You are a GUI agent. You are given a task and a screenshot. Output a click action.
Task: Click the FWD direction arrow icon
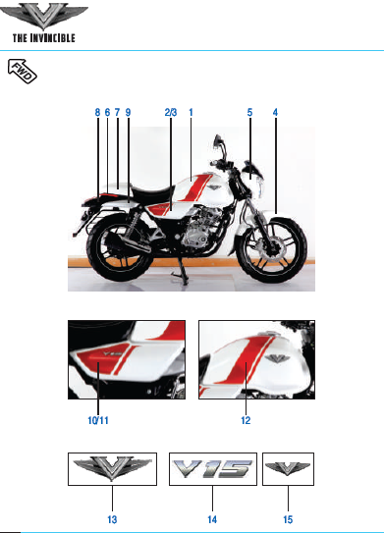[x=23, y=71]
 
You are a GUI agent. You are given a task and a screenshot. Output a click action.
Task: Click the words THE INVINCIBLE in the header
[x=44, y=37]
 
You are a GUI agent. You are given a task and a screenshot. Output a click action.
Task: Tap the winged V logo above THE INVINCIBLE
[x=43, y=16]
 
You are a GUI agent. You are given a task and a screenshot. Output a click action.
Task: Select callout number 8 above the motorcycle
[x=97, y=113]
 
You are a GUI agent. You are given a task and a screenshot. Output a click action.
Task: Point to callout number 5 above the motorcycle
[x=250, y=113]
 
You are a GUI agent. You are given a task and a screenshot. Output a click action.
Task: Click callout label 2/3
[x=171, y=113]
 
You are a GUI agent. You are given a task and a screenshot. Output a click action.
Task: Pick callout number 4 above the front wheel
[x=275, y=113]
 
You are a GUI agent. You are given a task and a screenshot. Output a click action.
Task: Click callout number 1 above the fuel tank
[x=191, y=113]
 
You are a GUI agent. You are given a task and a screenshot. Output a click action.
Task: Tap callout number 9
[x=128, y=113]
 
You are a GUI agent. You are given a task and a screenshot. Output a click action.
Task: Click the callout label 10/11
[x=98, y=420]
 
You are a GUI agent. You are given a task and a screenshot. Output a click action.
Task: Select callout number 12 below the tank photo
[x=246, y=420]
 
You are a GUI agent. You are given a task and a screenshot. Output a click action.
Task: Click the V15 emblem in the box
[x=213, y=469]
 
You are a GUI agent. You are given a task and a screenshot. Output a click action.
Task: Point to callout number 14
[x=212, y=519]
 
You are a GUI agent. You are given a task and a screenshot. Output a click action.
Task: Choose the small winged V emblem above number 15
[x=288, y=468]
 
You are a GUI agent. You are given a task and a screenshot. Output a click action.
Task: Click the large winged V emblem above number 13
[x=112, y=468]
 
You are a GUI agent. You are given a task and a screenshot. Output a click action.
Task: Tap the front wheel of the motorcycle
[x=272, y=249]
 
